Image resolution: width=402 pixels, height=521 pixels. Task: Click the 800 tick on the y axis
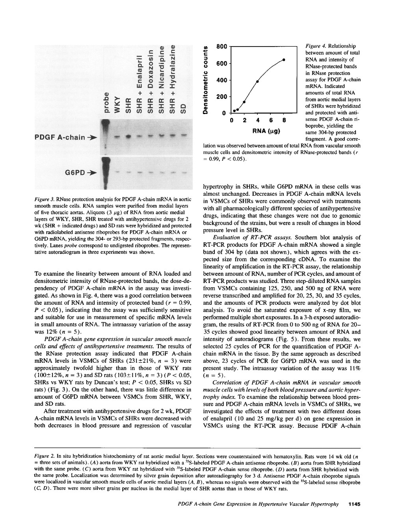point(222,47)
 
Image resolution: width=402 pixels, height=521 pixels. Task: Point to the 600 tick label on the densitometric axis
point(222,64)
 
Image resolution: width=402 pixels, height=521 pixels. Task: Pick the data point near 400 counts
point(257,81)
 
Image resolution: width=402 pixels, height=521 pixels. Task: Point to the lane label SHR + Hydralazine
point(172,79)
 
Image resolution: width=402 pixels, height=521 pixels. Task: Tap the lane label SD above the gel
point(183,108)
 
